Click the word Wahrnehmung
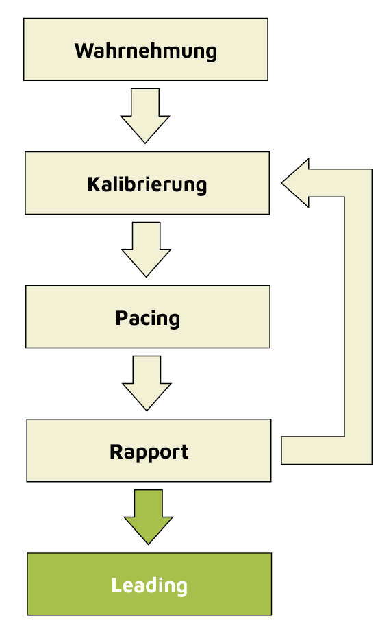(x=145, y=51)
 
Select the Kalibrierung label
(x=147, y=184)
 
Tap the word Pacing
(x=147, y=318)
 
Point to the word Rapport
(x=149, y=452)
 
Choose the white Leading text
(x=149, y=585)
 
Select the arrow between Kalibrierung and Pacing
(x=146, y=248)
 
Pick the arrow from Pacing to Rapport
(x=147, y=382)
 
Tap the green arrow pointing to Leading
(x=148, y=516)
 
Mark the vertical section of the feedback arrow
(x=357, y=315)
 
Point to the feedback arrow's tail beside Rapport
(x=294, y=450)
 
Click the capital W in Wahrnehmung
(x=83, y=51)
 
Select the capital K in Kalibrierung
(x=93, y=184)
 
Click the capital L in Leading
(x=116, y=585)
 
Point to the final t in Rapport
(x=184, y=452)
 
